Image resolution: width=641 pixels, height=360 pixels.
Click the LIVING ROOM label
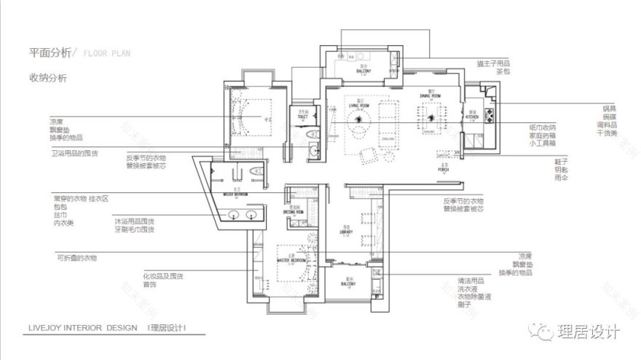click(358, 105)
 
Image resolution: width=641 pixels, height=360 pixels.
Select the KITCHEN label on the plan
click(472, 117)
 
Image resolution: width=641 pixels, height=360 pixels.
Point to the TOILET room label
click(303, 116)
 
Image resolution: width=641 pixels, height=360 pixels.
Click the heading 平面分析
click(50, 53)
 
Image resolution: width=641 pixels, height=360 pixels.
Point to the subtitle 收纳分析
click(47, 77)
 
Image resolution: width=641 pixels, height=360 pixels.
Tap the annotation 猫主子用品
click(493, 63)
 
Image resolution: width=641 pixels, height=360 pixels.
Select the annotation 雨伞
click(560, 177)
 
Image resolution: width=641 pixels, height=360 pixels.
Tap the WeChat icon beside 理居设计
click(543, 332)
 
